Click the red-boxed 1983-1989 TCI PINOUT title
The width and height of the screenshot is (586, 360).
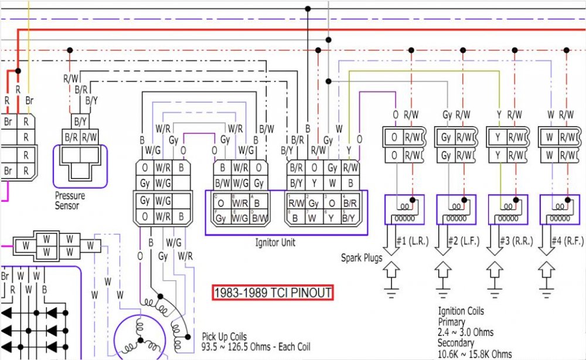[273, 293]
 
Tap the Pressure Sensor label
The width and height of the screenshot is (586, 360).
[70, 201]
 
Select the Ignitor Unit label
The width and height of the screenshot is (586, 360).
[275, 242]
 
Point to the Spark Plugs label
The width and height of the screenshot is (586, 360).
[362, 257]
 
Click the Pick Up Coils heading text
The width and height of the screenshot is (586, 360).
[224, 337]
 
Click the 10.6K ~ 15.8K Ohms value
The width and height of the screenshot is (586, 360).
[475, 354]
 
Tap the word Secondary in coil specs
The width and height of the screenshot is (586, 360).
[455, 343]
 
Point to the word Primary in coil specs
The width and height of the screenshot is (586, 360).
[451, 322]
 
